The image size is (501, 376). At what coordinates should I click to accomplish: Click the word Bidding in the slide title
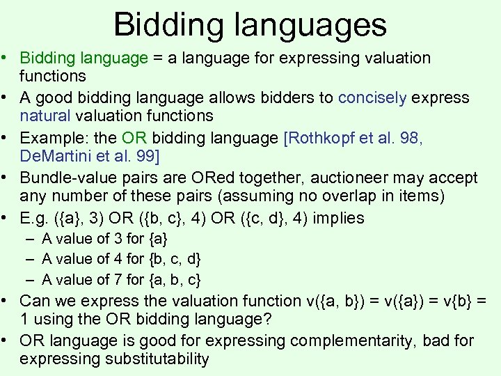coord(161,24)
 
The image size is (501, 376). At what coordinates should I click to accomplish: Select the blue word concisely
coord(372,97)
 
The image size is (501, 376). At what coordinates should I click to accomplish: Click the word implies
coord(339,219)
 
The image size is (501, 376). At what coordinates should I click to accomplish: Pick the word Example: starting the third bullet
coord(51,138)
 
